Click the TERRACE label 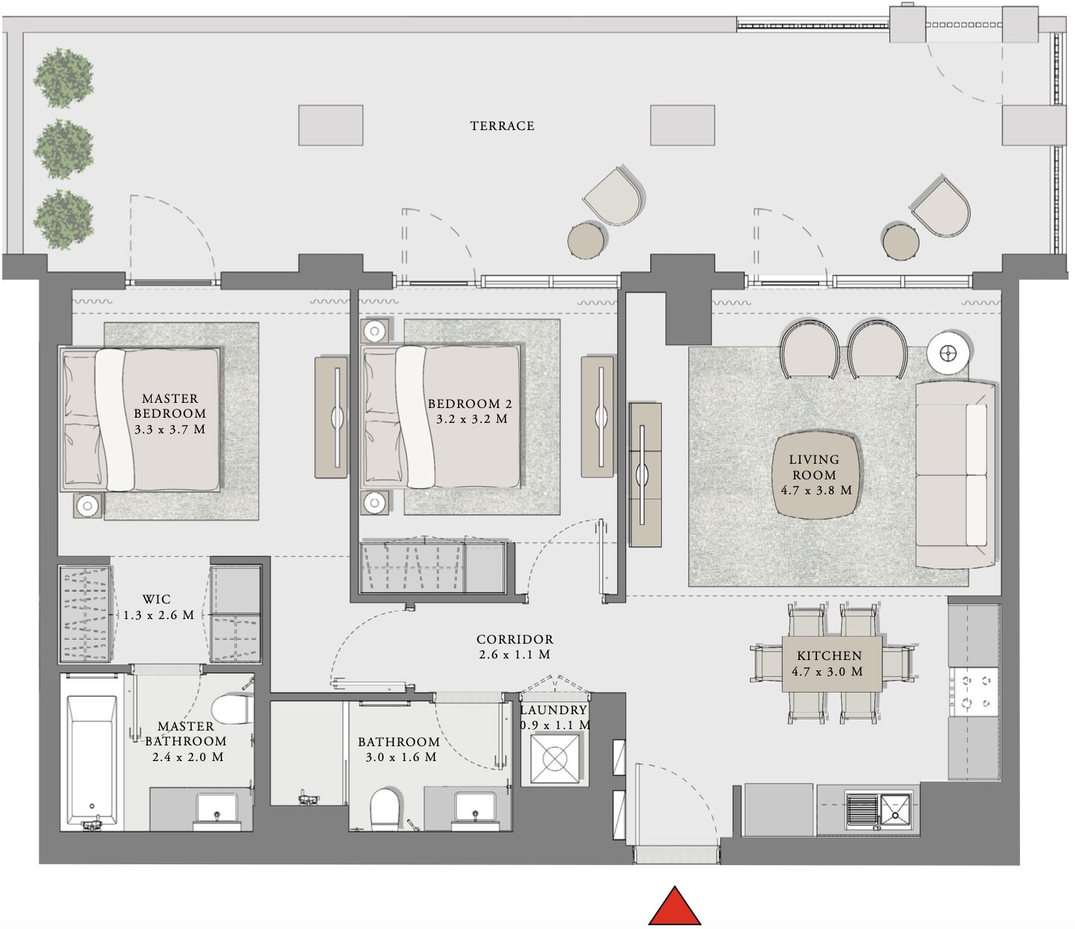(x=502, y=126)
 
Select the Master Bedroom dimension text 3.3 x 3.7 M (x=170, y=430)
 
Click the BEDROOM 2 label (x=470, y=404)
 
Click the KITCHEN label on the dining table (x=829, y=656)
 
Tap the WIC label (x=156, y=599)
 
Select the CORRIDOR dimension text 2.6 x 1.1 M (x=514, y=655)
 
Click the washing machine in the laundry (x=554, y=759)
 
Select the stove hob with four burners (x=974, y=691)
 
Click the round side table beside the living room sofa (x=948, y=354)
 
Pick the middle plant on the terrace (x=64, y=149)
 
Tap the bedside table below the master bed (x=88, y=506)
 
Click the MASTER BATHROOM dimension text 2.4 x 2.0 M (x=187, y=757)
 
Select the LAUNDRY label (x=554, y=710)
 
